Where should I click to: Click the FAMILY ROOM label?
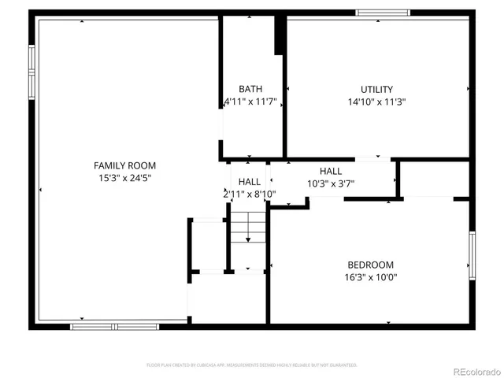click(x=124, y=165)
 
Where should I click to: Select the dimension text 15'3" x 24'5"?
click(x=124, y=178)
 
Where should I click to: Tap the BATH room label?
click(x=250, y=89)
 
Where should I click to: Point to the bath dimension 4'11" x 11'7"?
click(x=250, y=102)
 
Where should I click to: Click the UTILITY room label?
click(x=376, y=89)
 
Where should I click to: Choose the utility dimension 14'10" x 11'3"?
click(x=376, y=102)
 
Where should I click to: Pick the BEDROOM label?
click(x=370, y=265)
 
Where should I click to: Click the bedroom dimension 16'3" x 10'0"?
click(x=370, y=277)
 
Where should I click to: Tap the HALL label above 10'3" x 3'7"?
click(x=331, y=171)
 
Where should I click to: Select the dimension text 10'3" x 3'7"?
click(x=331, y=183)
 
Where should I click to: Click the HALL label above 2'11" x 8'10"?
click(x=250, y=181)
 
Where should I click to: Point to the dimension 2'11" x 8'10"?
click(x=250, y=194)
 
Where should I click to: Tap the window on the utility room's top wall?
click(x=383, y=13)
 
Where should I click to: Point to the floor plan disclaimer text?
click(x=252, y=365)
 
